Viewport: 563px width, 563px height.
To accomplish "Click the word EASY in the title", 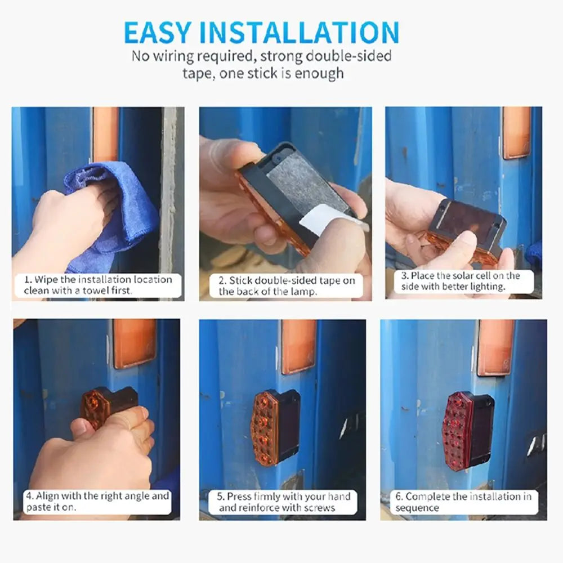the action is [157, 33].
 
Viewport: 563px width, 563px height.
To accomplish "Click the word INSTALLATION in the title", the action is [299, 33].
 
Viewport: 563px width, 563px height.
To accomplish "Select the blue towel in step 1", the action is [112, 216].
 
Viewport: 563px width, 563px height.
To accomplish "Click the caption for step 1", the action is [98, 285].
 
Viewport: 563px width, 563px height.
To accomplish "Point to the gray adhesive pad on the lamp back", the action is [305, 187].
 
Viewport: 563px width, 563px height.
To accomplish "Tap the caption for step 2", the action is [287, 285].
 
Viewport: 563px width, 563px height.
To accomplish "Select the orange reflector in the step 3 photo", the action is [516, 133].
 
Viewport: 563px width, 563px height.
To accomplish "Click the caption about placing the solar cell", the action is [461, 281].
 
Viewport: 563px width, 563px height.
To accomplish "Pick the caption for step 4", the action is [97, 501].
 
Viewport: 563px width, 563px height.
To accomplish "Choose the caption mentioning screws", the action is [283, 502].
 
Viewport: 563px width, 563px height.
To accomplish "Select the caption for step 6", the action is [463, 502].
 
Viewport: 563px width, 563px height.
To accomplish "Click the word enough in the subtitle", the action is [319, 74].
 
